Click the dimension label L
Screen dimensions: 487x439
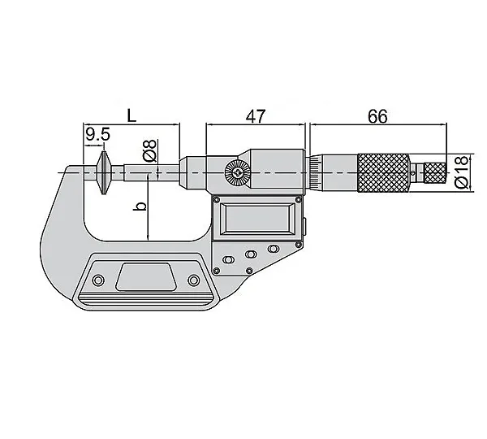point(131,115)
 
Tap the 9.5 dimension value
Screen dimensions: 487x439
point(98,134)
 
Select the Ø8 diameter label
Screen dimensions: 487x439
point(150,150)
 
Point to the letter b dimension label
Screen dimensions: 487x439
point(140,206)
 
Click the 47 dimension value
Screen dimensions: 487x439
point(256,116)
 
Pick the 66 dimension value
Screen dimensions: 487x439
point(377,116)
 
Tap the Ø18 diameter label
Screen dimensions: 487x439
point(461,172)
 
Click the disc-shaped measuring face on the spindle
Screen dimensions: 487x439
point(103,172)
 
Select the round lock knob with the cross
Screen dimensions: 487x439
point(238,172)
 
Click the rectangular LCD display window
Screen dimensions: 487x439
point(257,218)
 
